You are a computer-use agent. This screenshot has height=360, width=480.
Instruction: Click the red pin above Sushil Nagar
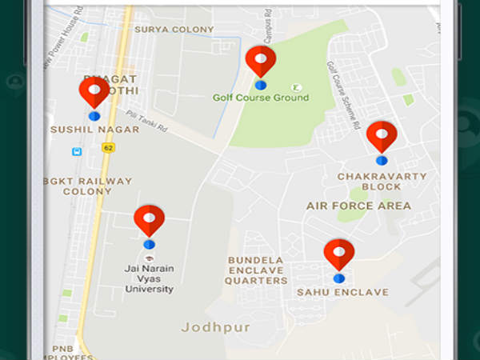coord(94,91)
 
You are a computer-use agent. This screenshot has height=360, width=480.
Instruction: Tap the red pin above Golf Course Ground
coord(261,60)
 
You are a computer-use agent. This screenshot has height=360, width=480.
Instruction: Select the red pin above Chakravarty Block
coord(382,135)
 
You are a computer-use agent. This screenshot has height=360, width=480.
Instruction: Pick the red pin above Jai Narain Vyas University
coord(149,219)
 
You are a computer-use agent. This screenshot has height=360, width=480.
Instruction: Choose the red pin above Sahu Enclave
coord(339,253)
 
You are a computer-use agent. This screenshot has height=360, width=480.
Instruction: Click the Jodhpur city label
coord(215,327)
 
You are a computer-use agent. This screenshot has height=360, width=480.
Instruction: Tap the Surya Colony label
coord(174,30)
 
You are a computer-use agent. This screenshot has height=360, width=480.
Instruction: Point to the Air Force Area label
coord(358,206)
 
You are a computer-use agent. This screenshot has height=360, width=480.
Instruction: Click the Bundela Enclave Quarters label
coord(257,270)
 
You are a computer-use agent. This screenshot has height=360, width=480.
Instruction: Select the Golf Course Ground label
coord(261,98)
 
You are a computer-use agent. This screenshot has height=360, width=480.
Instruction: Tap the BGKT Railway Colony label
coord(88,186)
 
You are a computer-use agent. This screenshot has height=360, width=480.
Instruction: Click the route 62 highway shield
coord(107,148)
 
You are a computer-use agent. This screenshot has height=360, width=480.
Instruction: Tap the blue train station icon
coord(77,151)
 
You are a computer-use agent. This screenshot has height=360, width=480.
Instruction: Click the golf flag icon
coord(297,86)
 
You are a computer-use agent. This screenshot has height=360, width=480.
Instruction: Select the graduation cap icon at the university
coord(150,258)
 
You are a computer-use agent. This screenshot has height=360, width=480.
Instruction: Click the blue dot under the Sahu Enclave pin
coord(339,278)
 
